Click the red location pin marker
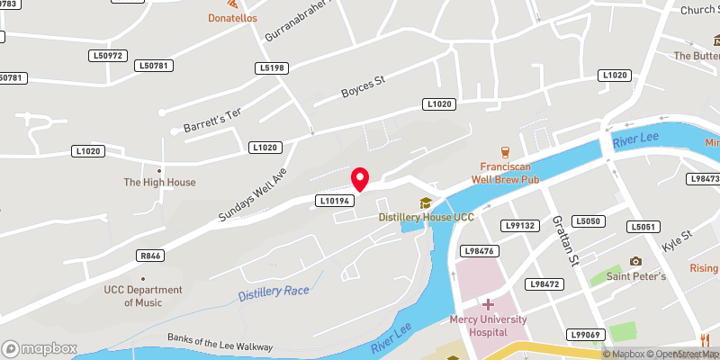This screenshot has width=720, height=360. [x=359, y=179]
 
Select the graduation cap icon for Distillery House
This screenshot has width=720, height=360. [x=425, y=202]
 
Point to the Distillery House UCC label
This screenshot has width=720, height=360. [x=426, y=218]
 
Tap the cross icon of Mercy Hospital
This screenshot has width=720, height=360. [x=488, y=304]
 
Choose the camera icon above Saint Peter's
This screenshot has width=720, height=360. [x=635, y=261]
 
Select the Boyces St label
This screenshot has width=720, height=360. [x=363, y=87]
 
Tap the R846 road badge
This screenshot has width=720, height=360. [x=150, y=256]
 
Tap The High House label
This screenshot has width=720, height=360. [x=159, y=183]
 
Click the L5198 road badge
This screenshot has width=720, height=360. [x=271, y=67]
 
